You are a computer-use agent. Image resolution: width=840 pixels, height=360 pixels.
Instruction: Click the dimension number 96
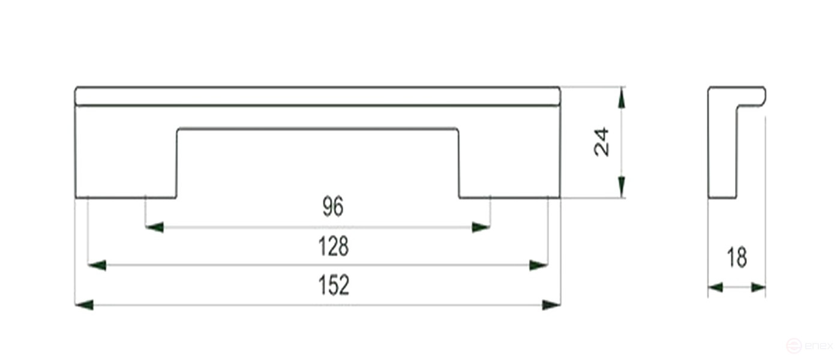click(x=333, y=207)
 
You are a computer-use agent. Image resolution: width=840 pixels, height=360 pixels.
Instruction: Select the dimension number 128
click(x=334, y=246)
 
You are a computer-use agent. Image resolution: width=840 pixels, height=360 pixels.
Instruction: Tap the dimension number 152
click(x=334, y=285)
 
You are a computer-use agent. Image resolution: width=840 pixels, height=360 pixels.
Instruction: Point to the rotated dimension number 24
click(x=601, y=142)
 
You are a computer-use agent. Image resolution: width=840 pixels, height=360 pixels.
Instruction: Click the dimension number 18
click(x=737, y=258)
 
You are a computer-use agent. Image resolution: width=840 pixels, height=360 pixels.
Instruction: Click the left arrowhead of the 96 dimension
click(x=155, y=227)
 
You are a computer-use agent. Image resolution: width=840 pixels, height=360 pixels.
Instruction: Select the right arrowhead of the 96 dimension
click(x=481, y=227)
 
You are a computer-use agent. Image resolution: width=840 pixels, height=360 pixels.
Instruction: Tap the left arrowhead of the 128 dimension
click(x=97, y=265)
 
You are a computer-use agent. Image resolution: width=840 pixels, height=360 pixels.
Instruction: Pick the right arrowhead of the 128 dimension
click(x=538, y=265)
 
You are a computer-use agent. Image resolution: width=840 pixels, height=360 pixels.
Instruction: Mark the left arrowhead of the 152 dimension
click(x=85, y=305)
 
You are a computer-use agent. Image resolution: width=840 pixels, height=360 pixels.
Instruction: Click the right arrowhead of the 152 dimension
click(x=551, y=305)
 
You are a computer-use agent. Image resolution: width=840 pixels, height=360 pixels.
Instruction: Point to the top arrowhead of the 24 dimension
click(x=622, y=98)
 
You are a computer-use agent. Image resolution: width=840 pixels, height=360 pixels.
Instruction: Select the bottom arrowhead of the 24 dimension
click(x=622, y=187)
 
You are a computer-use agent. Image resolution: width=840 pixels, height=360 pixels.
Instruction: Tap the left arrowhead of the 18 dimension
click(x=715, y=287)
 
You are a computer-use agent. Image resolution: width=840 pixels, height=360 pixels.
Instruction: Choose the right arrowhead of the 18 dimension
click(x=758, y=287)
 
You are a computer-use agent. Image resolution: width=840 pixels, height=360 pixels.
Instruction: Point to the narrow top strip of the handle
click(x=317, y=96)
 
